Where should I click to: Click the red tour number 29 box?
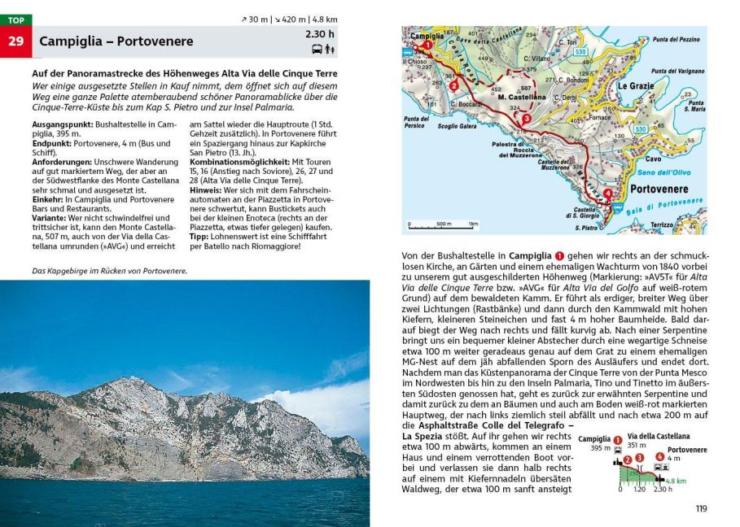[16, 41]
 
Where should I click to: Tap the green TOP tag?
[16, 20]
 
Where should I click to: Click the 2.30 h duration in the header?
[320, 34]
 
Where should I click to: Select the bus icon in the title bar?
[316, 49]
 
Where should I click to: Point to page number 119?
[701, 509]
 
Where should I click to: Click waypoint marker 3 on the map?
[527, 120]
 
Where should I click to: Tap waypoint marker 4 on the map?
[606, 194]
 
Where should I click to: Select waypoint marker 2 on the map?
[453, 84]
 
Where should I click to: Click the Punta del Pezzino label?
[675, 39]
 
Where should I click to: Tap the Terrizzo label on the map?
[663, 224]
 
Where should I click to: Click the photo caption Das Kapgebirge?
[109, 271]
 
